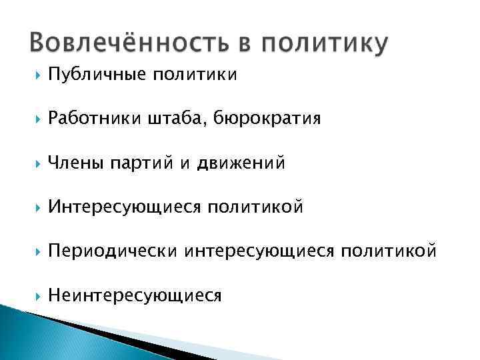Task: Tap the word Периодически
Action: tap(113, 251)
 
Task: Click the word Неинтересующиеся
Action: tap(135, 295)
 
